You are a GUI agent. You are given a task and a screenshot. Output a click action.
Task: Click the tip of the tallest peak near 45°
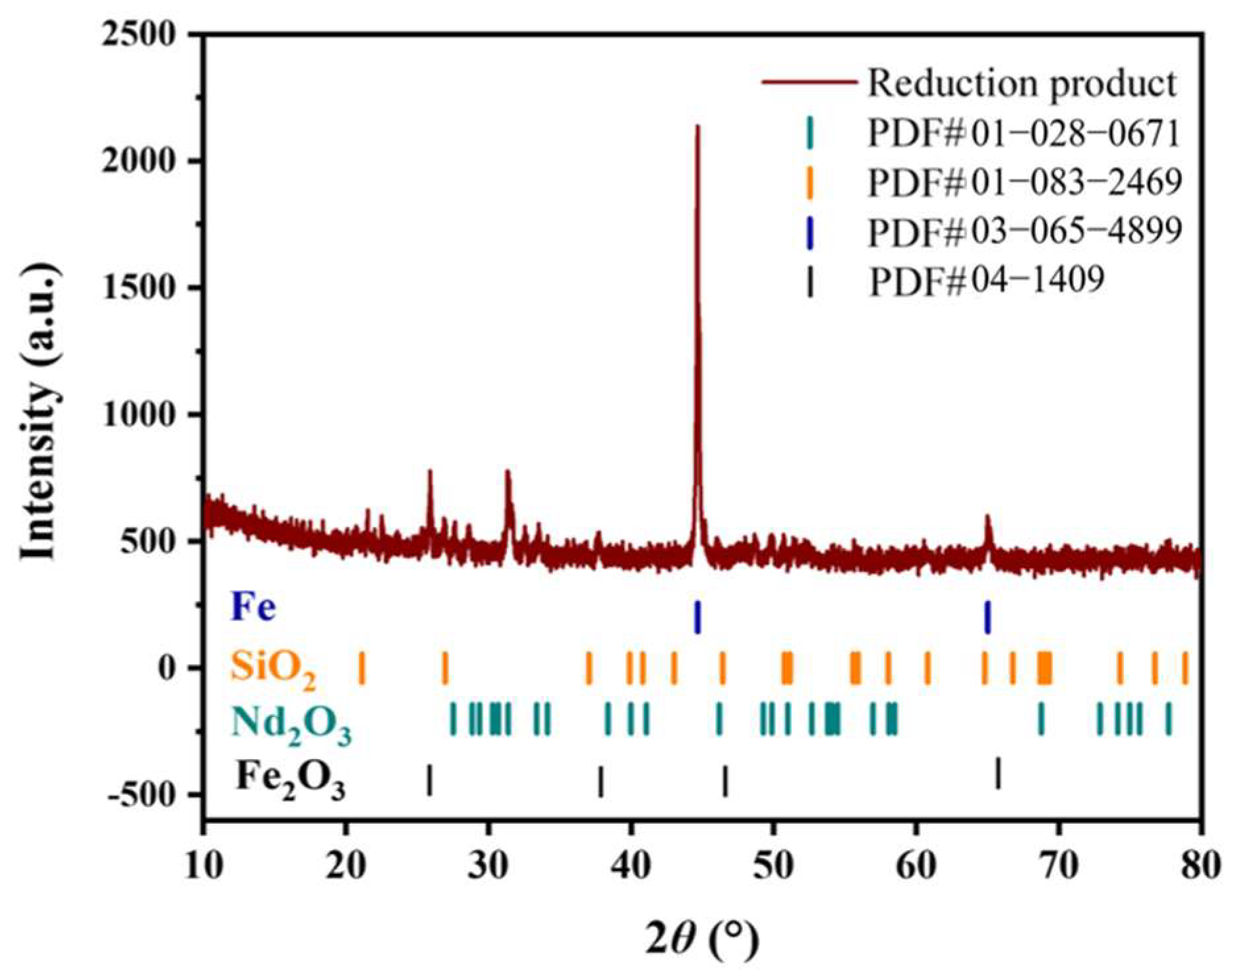(x=697, y=127)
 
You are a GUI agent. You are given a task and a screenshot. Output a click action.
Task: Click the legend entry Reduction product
(x=1020, y=84)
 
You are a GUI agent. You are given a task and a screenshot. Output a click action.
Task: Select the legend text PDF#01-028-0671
(x=1023, y=133)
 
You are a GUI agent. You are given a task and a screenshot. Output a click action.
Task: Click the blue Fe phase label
(x=253, y=608)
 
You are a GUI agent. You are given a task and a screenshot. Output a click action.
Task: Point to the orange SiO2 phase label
(x=273, y=668)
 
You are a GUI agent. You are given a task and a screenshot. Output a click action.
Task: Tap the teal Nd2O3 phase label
(x=291, y=724)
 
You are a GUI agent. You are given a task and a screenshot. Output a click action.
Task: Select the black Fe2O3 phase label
(x=291, y=780)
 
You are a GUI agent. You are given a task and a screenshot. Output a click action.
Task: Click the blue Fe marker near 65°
(x=987, y=617)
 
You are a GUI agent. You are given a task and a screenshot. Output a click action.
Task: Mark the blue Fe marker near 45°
(x=697, y=617)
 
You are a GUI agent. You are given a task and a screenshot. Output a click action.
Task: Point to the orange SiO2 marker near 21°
(x=361, y=667)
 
